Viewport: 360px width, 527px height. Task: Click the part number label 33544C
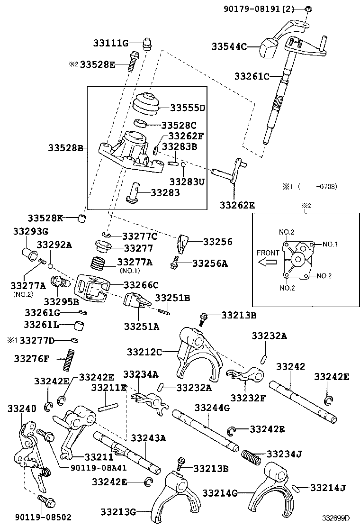tap(229, 46)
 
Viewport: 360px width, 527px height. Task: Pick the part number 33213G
tap(118, 511)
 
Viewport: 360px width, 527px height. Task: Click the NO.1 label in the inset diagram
tap(330, 245)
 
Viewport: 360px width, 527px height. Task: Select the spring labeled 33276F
tap(69, 360)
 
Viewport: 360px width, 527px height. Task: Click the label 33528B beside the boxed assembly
tap(65, 148)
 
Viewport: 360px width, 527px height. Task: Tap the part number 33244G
tap(212, 408)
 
